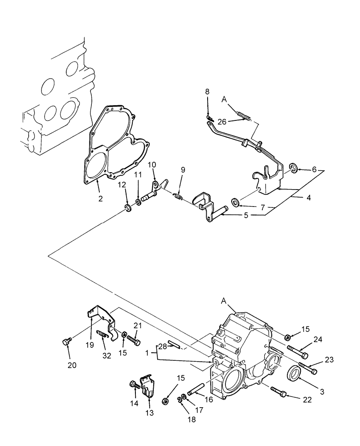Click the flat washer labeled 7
click(236, 204)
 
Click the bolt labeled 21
click(135, 341)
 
